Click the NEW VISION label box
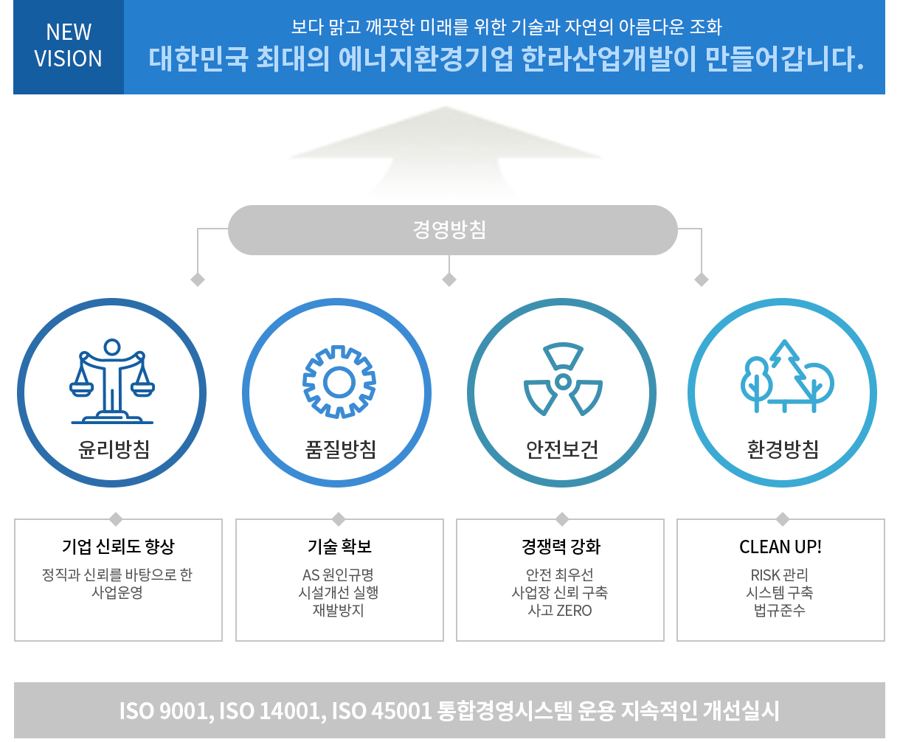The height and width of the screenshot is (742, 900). pyautogui.click(x=69, y=46)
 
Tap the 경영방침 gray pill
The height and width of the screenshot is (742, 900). pyautogui.click(x=453, y=230)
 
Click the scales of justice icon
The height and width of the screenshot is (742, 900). pyautogui.click(x=112, y=381)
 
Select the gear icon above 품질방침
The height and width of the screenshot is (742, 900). pyautogui.click(x=339, y=382)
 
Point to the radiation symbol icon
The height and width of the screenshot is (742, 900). pyautogui.click(x=563, y=379)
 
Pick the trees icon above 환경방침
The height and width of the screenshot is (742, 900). pyautogui.click(x=787, y=376)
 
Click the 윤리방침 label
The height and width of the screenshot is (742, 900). pyautogui.click(x=114, y=449)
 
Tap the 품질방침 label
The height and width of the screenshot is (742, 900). pyautogui.click(x=341, y=449)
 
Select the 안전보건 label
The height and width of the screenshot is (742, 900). pyautogui.click(x=562, y=449)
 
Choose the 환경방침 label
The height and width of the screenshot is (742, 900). pyautogui.click(x=783, y=449)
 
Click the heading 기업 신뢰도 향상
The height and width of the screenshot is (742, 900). pyautogui.click(x=118, y=547)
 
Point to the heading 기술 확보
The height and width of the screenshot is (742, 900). pyautogui.click(x=339, y=547)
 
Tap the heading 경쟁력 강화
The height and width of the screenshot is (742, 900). pyautogui.click(x=561, y=547)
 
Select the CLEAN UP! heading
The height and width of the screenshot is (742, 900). pyautogui.click(x=780, y=547)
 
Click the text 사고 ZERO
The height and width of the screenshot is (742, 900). pyautogui.click(x=560, y=611)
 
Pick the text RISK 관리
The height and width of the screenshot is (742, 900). pyautogui.click(x=779, y=575)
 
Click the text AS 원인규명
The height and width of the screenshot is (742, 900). pyautogui.click(x=338, y=575)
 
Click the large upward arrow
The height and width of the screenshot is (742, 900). pyautogui.click(x=446, y=150)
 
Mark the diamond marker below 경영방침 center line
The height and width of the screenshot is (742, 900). pyautogui.click(x=449, y=280)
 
